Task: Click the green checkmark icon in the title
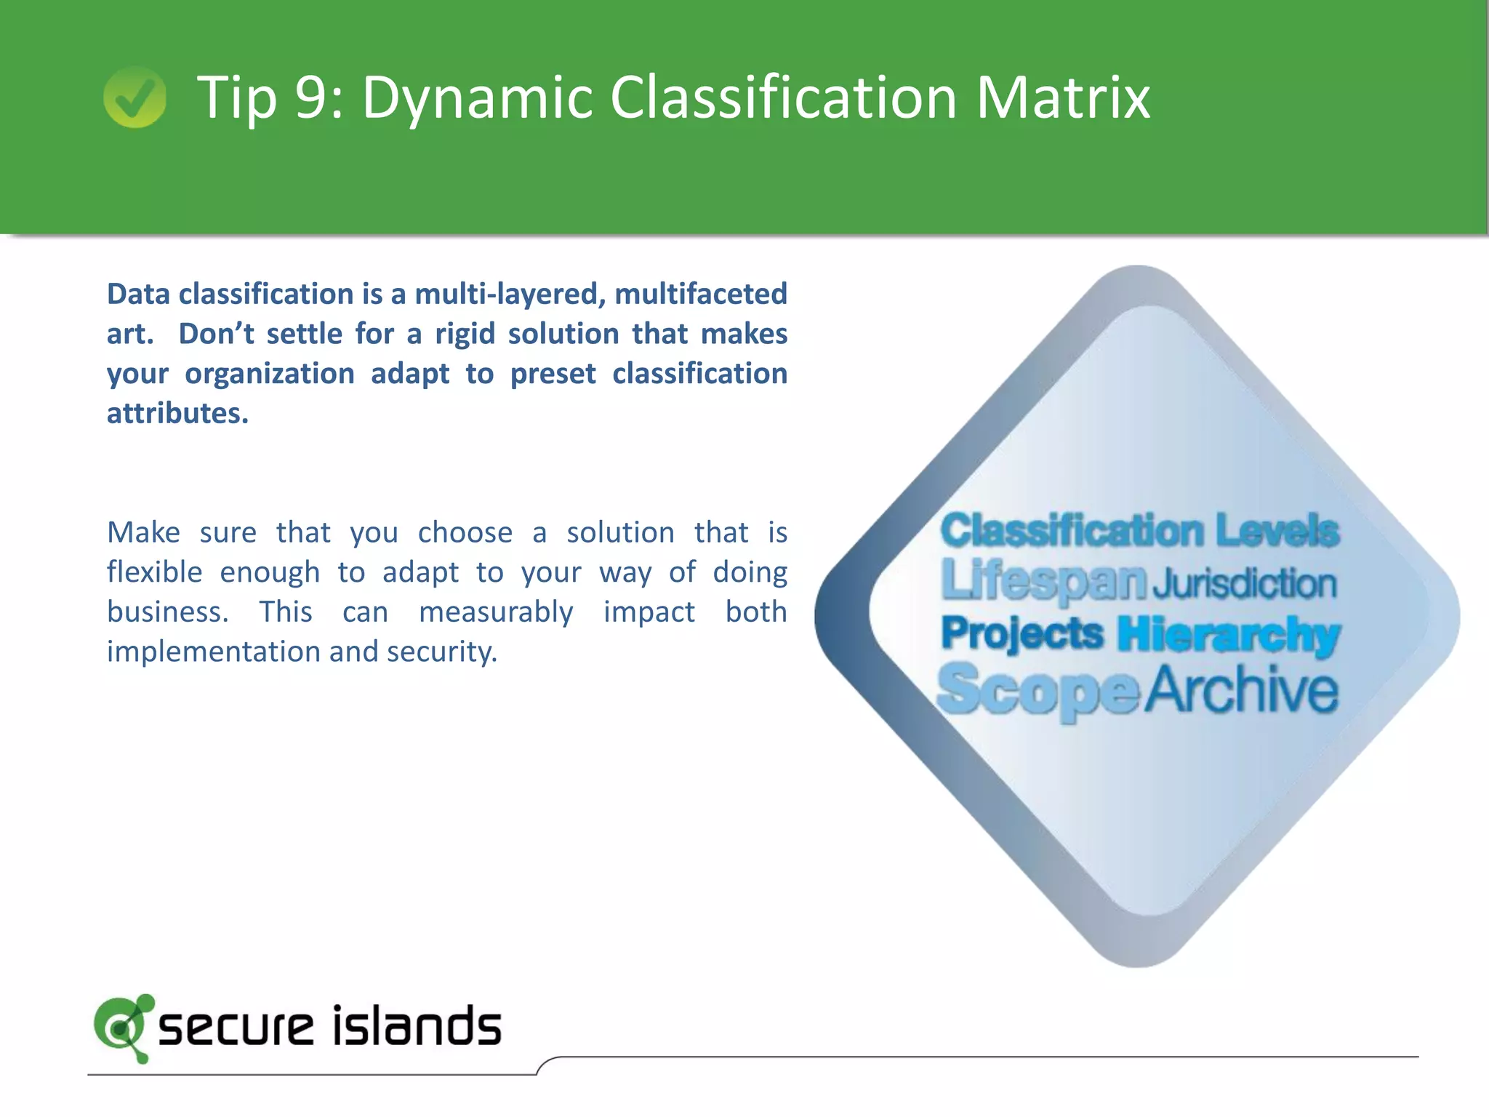point(135,97)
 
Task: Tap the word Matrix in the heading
point(1063,97)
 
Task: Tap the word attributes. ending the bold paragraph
point(177,414)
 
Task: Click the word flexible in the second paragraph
point(154,572)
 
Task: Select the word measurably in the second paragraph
point(496,612)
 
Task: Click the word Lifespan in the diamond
point(1043,582)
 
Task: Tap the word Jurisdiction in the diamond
point(1245,584)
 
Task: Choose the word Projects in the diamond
point(1022,633)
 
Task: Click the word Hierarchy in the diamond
point(1229,635)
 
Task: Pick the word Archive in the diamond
point(1242,689)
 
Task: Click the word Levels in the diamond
point(1277,530)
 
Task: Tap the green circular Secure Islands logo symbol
point(122,1028)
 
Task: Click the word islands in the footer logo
point(417,1026)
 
